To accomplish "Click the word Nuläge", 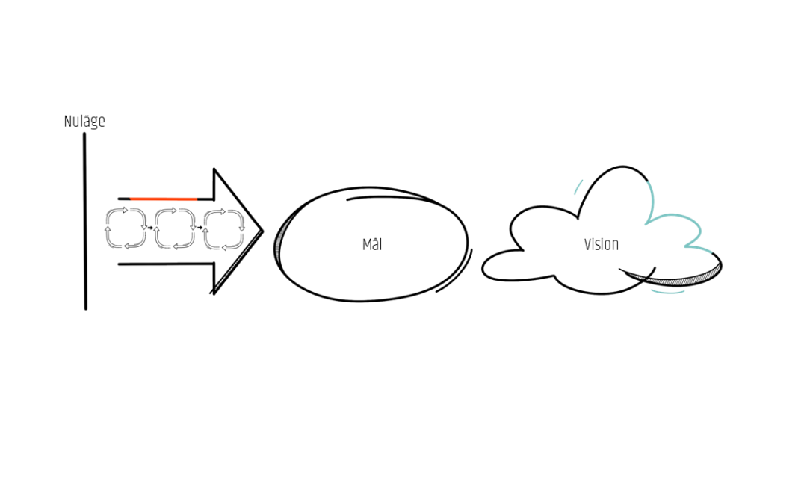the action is coord(84,122).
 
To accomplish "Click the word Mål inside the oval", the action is coord(372,245).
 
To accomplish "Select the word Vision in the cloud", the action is coord(601,245).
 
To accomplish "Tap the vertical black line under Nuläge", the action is coord(85,221).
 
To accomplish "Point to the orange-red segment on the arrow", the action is coord(164,199).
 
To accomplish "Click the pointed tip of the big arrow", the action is coord(263,231).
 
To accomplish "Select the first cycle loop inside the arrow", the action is coord(126,228).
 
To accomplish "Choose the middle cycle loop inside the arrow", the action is coord(174,228).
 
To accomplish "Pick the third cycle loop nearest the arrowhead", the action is coord(223,228).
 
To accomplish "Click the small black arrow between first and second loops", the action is coord(150,228).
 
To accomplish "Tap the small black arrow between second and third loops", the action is coord(200,228).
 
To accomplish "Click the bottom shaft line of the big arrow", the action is coord(166,264).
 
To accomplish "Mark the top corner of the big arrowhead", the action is coord(214,169).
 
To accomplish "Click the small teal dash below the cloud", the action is coord(668,293).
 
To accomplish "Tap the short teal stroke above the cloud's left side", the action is coord(578,187).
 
